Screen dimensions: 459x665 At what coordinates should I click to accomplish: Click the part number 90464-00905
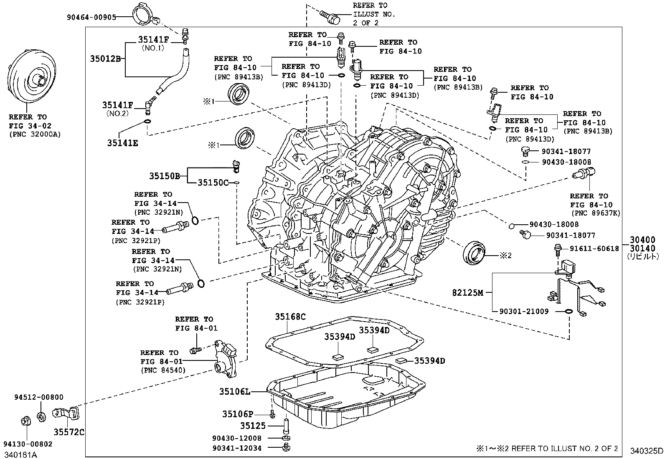91,17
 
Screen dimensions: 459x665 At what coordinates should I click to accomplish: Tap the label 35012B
105,58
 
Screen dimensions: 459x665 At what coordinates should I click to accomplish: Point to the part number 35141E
122,143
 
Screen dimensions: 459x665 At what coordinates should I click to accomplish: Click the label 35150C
213,183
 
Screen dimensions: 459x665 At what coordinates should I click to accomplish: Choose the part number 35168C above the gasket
290,317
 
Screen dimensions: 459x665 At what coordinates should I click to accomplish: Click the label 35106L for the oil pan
235,391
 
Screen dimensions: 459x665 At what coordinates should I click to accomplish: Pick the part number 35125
253,426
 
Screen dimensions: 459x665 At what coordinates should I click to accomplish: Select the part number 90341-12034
236,448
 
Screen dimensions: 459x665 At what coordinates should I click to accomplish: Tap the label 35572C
69,432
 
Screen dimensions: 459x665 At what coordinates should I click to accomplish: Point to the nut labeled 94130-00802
25,421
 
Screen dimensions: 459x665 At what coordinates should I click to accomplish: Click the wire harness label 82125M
467,293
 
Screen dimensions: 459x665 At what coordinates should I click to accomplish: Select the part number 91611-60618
594,249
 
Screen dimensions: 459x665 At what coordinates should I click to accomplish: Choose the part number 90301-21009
524,312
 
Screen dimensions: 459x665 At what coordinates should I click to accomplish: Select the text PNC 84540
163,370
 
